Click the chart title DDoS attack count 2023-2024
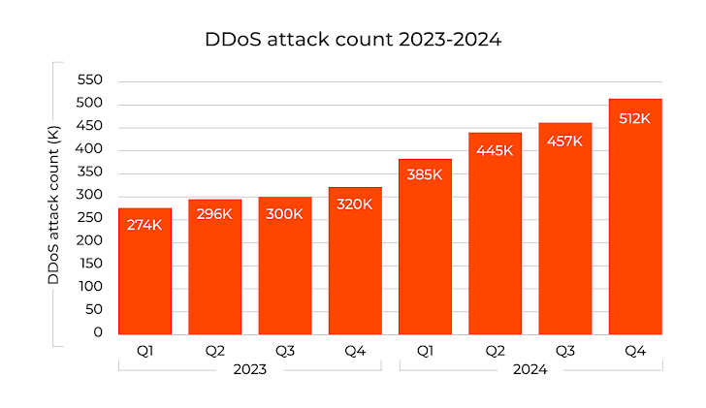(x=353, y=40)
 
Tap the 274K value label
(x=144, y=225)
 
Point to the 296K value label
(x=214, y=214)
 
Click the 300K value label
(x=284, y=213)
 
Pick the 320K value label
(x=355, y=204)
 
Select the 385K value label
(x=425, y=175)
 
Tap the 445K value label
(x=495, y=149)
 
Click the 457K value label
(x=564, y=141)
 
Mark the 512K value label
(x=635, y=117)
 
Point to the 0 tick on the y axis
(x=97, y=332)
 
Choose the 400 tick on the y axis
(x=90, y=149)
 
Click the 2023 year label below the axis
(x=249, y=369)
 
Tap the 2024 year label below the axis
(x=529, y=369)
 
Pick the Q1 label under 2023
(x=144, y=349)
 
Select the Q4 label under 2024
(x=635, y=349)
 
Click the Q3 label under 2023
(x=284, y=349)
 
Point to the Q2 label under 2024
(x=495, y=349)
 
